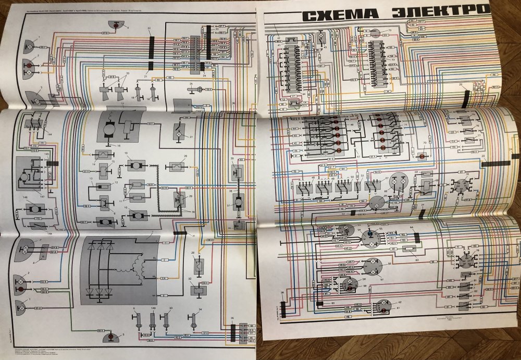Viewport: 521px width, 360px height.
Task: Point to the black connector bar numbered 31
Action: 180,234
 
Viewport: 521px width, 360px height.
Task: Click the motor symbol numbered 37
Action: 238,201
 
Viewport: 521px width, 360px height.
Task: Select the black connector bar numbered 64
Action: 416,237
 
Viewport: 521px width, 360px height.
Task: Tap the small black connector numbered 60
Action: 319,303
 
